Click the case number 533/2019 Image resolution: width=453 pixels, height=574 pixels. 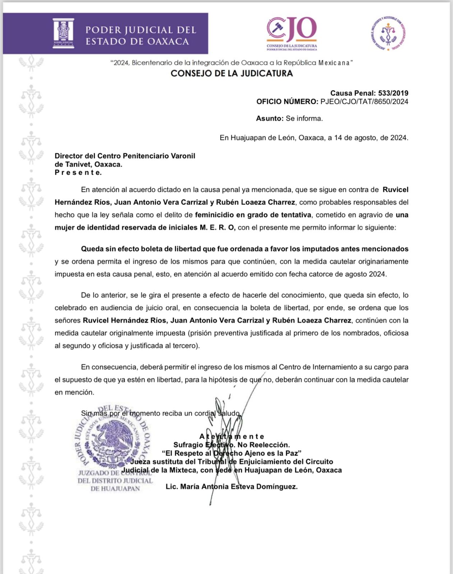coord(393,93)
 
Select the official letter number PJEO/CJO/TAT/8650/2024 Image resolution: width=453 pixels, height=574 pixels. coord(364,102)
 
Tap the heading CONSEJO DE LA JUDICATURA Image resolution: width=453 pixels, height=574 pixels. coord(232,74)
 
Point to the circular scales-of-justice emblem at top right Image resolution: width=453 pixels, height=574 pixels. coord(388,33)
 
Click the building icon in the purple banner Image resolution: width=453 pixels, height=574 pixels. coord(63,33)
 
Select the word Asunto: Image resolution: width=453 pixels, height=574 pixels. coord(270,118)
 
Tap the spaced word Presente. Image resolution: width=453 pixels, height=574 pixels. coord(78,173)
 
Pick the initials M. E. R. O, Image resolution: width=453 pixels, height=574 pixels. coord(217,227)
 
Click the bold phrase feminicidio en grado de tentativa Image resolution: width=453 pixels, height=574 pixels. coord(253,215)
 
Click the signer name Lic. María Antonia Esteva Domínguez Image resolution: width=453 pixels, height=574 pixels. coord(231,487)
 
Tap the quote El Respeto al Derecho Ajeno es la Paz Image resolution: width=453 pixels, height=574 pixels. coord(231,453)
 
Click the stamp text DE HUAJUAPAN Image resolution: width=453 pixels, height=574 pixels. coord(115,489)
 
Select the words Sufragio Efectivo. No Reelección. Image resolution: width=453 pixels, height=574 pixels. coord(231,445)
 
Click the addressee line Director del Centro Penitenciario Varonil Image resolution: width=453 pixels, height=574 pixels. coord(125,156)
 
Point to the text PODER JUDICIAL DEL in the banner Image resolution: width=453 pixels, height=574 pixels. coord(140,30)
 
